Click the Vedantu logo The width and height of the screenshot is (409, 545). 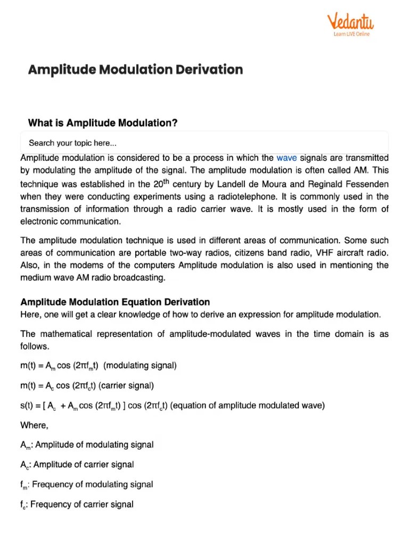point(351,22)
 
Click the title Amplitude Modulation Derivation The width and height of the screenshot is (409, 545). point(135,70)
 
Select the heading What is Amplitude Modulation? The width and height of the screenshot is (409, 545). point(103,123)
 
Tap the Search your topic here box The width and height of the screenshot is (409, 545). point(204,143)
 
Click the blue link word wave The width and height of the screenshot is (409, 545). point(287,158)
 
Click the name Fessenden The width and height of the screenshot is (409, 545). point(365,184)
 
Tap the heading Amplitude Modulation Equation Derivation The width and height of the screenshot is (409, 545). point(115,302)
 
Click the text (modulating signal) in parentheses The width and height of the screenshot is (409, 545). point(140,366)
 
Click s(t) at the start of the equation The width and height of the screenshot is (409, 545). point(27,405)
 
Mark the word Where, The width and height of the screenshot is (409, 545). point(34,425)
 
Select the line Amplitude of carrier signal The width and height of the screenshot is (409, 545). point(84,464)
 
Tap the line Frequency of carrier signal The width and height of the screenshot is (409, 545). point(82,504)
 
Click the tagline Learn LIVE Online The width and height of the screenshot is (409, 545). point(351,34)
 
